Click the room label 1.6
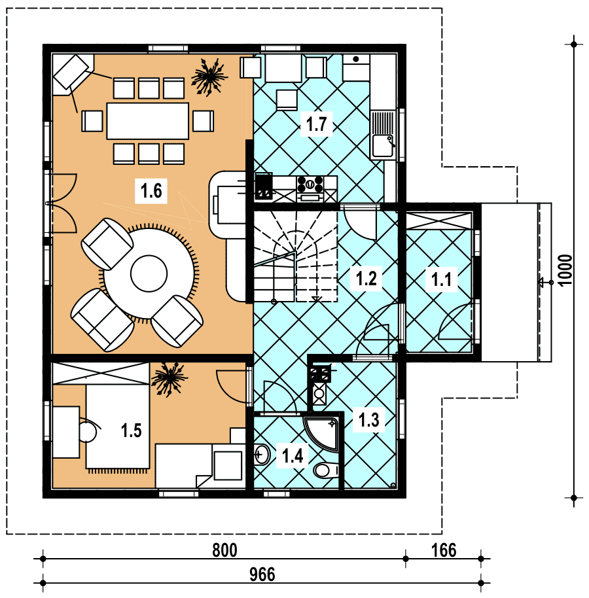[151, 190]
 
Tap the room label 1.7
[317, 124]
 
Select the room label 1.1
[441, 279]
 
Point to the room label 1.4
[293, 455]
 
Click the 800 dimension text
[224, 550]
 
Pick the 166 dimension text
[444, 550]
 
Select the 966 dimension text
[262, 574]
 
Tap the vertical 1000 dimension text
[565, 270]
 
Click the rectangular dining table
[148, 121]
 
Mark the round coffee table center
[149, 273]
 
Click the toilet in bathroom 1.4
[325, 470]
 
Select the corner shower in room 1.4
[321, 433]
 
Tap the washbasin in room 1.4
[262, 454]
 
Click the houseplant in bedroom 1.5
[169, 379]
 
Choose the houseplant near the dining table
[209, 77]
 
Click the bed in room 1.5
[117, 427]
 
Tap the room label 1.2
[366, 278]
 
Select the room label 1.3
[369, 419]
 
